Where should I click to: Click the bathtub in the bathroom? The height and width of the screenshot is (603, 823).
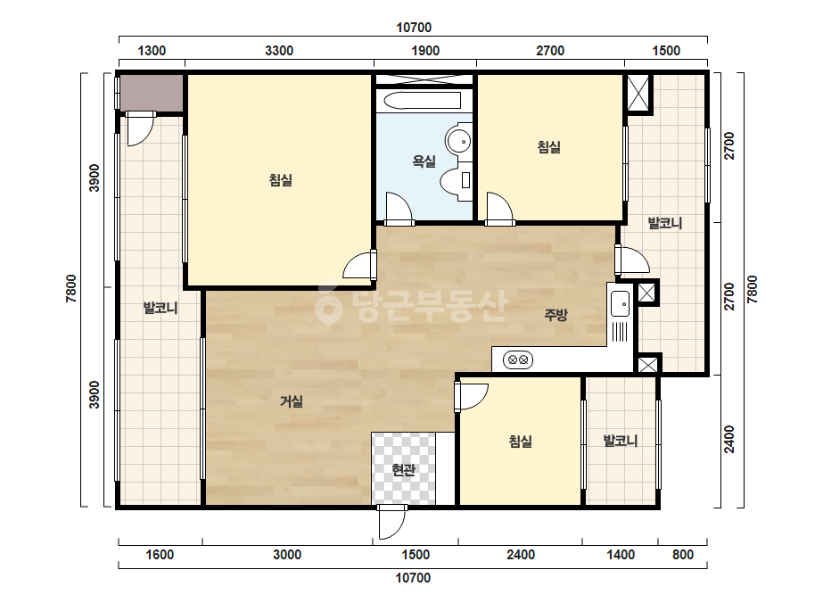[423, 101]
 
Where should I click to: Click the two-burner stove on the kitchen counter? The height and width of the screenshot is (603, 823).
[518, 359]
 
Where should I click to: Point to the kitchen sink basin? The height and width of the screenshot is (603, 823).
[620, 303]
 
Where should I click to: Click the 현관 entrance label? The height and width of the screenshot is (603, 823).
[403, 469]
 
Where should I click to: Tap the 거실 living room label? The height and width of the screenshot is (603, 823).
[292, 401]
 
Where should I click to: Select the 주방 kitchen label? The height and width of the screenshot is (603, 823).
[556, 315]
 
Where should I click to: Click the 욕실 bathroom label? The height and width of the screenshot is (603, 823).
[424, 161]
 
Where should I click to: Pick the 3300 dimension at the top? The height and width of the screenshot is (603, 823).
[279, 51]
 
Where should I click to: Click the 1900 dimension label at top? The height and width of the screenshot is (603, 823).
[425, 51]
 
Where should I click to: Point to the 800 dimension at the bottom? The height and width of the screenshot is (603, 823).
[683, 555]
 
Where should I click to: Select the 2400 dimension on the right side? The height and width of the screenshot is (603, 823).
[729, 439]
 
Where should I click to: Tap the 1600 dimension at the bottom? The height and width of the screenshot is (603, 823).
[160, 555]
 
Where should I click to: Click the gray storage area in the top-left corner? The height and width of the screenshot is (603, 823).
[152, 93]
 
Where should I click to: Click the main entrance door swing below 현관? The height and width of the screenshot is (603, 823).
[392, 523]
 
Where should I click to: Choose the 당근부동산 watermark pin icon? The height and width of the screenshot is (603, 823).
[328, 306]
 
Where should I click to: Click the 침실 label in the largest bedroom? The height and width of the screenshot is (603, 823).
[281, 180]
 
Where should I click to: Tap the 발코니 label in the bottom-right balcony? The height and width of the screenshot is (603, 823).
[621, 441]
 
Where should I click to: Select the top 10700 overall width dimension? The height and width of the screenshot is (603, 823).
[414, 28]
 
